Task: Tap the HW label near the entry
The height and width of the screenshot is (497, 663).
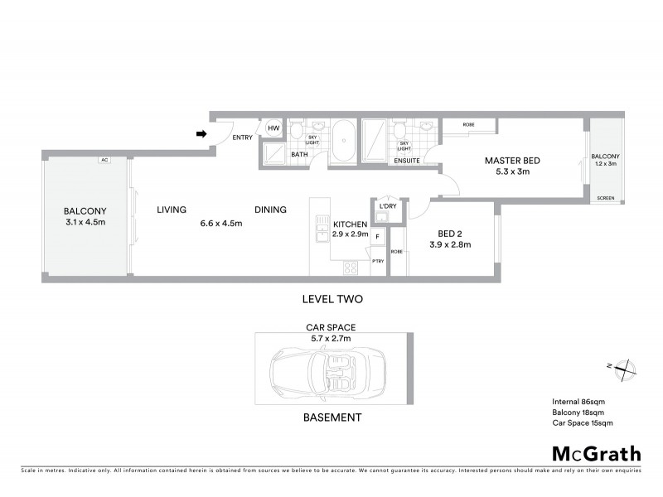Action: [x=273, y=129]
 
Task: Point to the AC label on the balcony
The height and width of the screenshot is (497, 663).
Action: [x=104, y=160]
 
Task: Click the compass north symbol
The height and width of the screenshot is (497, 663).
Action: [x=623, y=368]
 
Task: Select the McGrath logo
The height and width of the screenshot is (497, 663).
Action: [x=596, y=453]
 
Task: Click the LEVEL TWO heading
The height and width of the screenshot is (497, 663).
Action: [x=331, y=298]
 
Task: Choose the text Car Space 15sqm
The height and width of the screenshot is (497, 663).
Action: [x=582, y=422]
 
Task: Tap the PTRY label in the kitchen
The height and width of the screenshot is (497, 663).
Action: [x=377, y=262]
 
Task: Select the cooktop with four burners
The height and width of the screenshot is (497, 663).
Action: [x=351, y=267]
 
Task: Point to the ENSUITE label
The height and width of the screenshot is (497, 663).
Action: [x=406, y=160]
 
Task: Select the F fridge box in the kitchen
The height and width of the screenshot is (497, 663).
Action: [x=378, y=237]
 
